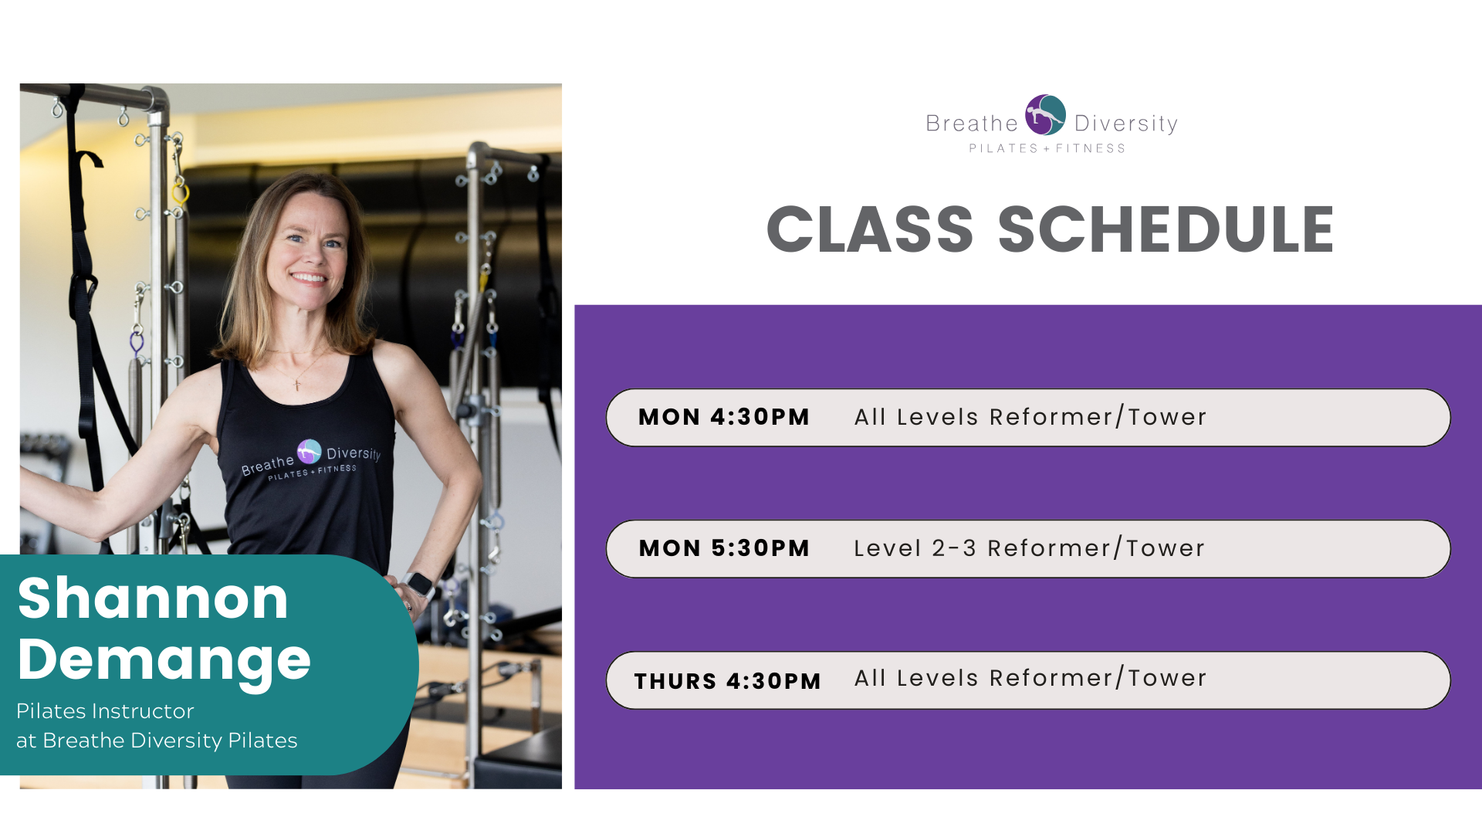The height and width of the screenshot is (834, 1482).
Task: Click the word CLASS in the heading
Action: click(x=870, y=229)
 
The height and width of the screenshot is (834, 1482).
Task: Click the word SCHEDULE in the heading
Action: click(x=1166, y=229)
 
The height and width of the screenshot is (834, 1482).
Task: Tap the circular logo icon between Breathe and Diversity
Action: click(x=1046, y=115)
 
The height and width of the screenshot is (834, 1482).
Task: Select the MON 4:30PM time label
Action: click(x=724, y=417)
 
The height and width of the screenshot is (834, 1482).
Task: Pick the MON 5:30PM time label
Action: click(x=724, y=548)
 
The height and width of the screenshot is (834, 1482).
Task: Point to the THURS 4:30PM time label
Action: click(x=728, y=681)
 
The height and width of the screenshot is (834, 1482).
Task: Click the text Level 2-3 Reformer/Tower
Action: click(x=1030, y=548)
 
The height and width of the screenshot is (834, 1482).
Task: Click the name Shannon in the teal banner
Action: click(x=153, y=598)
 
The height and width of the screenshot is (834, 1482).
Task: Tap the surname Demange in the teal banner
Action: click(x=164, y=661)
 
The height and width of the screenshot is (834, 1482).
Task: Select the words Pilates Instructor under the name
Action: click(x=105, y=711)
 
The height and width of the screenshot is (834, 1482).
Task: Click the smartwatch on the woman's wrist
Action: click(x=418, y=585)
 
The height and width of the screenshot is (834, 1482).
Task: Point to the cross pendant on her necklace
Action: click(x=297, y=384)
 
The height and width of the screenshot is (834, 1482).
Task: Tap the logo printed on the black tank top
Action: click(x=311, y=460)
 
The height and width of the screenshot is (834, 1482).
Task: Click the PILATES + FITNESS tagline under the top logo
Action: click(x=1047, y=148)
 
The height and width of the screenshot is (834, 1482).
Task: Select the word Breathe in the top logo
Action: click(x=973, y=124)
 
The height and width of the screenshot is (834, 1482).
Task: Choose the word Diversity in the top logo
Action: click(x=1126, y=124)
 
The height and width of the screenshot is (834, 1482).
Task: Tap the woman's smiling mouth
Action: click(x=308, y=277)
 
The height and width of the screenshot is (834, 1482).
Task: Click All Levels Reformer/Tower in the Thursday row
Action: click(x=1030, y=678)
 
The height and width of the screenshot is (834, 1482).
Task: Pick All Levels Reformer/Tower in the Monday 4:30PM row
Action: click(x=1030, y=417)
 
